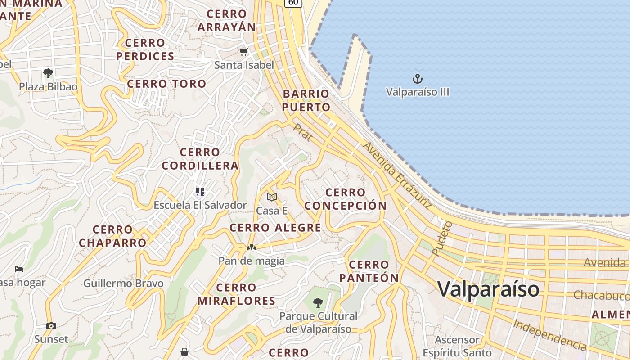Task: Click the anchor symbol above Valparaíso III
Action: tap(418, 79)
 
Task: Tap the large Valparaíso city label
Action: tap(488, 288)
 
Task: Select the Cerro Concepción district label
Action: tap(346, 199)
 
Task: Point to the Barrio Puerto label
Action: tap(306, 100)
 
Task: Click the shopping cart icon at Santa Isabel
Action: tap(243, 52)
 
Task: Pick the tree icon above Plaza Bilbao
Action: tap(48, 73)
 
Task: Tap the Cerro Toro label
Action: tap(166, 84)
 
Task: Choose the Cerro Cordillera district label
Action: tap(200, 159)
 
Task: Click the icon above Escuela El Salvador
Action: tap(200, 192)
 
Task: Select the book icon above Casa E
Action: tap(271, 197)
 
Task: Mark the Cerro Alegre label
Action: tap(275, 228)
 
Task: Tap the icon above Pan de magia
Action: tap(251, 247)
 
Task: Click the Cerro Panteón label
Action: tap(369, 271)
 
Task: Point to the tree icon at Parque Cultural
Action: tap(318, 302)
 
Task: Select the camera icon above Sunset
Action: tap(51, 326)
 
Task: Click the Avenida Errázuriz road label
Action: tap(397, 175)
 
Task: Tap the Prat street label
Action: tap(303, 133)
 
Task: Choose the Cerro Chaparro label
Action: tap(112, 236)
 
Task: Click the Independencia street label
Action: tap(550, 335)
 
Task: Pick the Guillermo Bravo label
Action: tap(123, 283)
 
